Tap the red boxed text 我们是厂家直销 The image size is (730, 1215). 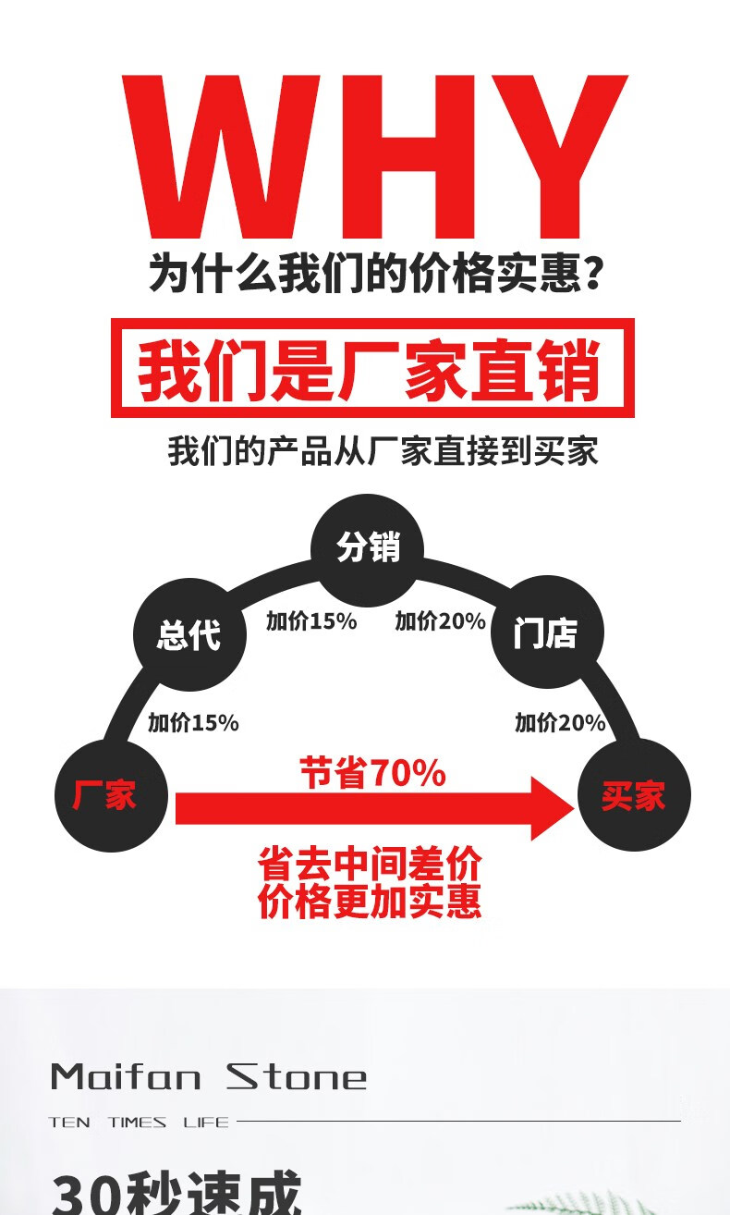(x=371, y=368)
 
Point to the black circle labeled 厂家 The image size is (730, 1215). (x=112, y=794)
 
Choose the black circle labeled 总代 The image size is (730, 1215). (x=190, y=634)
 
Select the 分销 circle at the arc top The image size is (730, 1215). (x=368, y=548)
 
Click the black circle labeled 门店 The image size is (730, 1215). (x=545, y=634)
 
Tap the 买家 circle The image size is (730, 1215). (x=634, y=794)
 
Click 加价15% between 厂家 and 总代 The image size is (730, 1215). (x=193, y=722)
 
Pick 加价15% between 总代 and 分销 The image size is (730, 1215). (x=311, y=621)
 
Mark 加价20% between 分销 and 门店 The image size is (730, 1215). (x=440, y=621)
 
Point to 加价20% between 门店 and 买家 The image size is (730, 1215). (x=560, y=722)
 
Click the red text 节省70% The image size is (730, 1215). (x=372, y=773)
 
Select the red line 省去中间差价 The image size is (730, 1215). (x=370, y=865)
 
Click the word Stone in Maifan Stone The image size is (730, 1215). (x=298, y=1076)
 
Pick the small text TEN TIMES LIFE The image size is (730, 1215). (x=139, y=1122)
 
